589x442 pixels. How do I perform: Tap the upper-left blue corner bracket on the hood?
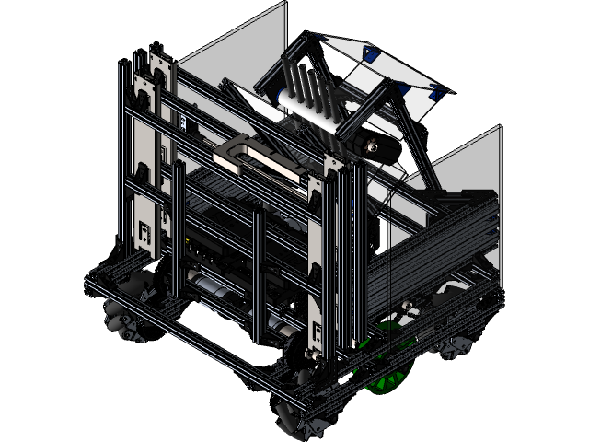click(318, 38)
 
